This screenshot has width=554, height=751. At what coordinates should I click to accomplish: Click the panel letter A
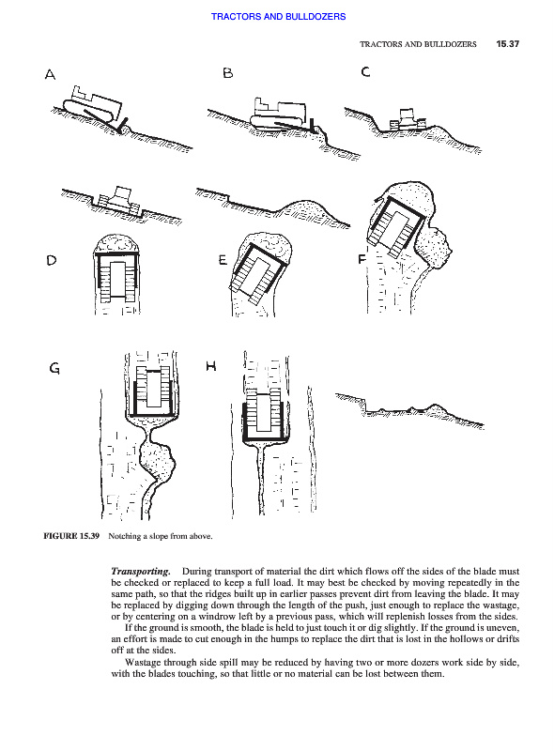[50, 74]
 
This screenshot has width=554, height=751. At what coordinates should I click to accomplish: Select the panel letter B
[227, 73]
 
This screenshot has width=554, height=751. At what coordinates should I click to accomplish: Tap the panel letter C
[365, 71]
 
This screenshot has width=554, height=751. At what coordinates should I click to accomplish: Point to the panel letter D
[52, 260]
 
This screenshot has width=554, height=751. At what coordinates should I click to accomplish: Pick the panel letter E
[223, 260]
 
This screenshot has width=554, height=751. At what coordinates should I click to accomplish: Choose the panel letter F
[362, 259]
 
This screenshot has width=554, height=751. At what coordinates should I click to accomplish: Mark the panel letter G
[54, 368]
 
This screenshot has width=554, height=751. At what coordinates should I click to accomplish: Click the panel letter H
[211, 366]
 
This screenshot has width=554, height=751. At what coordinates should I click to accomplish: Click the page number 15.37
[507, 44]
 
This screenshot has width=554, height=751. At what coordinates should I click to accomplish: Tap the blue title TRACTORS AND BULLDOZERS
[279, 16]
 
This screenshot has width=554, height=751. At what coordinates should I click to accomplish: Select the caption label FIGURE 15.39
[71, 536]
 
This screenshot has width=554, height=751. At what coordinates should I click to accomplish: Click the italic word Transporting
[141, 571]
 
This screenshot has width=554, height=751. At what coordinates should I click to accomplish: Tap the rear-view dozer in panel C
[408, 119]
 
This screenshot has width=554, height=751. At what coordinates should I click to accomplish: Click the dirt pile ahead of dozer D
[117, 244]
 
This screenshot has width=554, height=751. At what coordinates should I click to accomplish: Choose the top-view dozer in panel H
[264, 416]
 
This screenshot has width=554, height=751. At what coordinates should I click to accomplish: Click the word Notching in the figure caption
[125, 536]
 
